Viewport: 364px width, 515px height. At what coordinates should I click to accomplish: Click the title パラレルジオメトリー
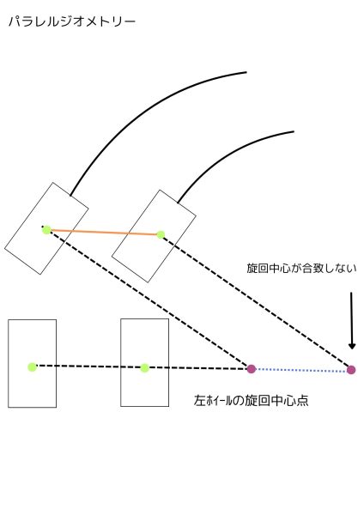72,21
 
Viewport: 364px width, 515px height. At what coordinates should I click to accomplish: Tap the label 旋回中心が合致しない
301,269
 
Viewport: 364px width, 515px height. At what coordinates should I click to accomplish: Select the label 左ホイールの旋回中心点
251,400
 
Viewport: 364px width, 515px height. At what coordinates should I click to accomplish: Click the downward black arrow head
352,346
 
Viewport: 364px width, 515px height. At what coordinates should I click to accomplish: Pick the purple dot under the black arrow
351,370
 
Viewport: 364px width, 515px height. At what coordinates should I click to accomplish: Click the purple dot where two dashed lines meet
252,369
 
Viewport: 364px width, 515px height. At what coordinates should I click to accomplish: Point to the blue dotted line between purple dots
301,370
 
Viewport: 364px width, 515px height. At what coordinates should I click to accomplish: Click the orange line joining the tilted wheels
104,233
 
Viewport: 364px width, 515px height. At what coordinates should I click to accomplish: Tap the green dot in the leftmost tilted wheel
46,230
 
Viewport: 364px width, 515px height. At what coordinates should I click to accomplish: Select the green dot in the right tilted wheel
161,235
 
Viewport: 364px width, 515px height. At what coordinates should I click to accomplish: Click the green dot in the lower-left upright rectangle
33,367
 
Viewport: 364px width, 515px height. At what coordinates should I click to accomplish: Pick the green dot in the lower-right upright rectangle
144,368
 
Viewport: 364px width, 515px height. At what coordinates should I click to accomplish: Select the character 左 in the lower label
200,400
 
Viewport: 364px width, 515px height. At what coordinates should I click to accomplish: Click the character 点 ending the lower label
302,400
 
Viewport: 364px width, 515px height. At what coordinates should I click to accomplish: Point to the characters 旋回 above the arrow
258,269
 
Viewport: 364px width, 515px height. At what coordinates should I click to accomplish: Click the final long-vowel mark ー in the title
130,22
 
